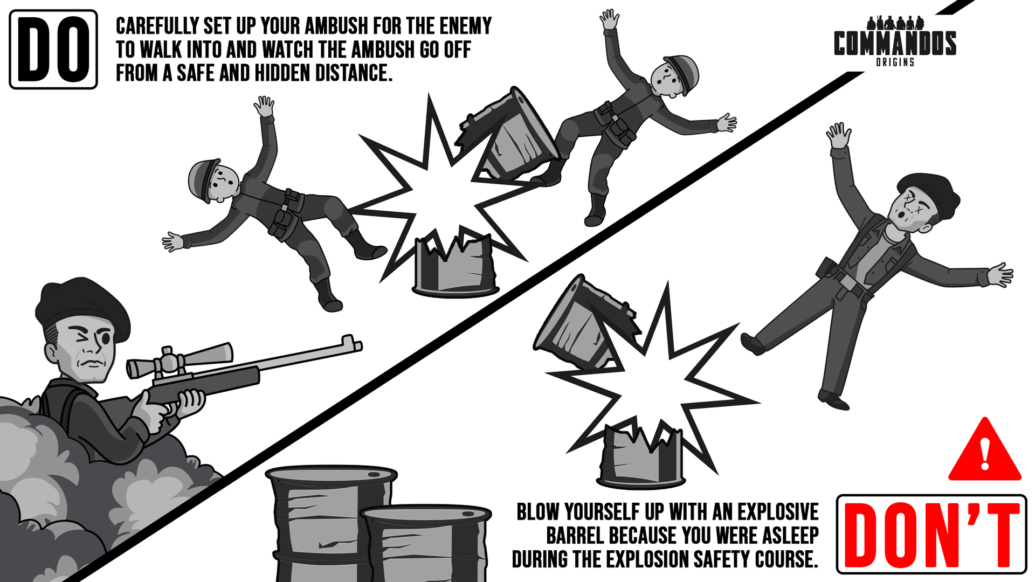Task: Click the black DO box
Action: point(53,50)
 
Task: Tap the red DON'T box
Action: point(931,534)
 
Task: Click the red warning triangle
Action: point(985,449)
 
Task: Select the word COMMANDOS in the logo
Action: point(895,43)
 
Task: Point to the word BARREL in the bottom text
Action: point(575,536)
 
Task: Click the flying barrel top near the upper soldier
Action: point(509,135)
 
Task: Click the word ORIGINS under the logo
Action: point(895,63)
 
